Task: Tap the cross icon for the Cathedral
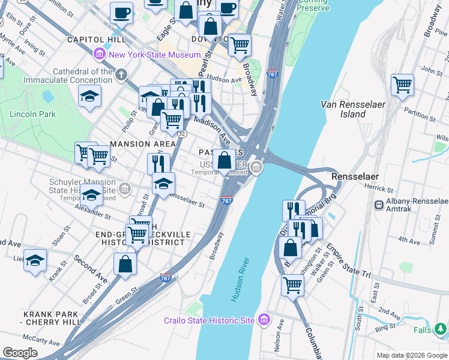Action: pyautogui.click(x=122, y=75)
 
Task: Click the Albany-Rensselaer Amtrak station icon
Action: pyautogui.click(x=379, y=205)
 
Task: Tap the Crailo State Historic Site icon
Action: pyautogui.click(x=263, y=320)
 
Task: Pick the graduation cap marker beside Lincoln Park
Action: pyautogui.click(x=89, y=95)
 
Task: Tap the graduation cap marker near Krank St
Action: pyautogui.click(x=35, y=260)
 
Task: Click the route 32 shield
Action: pyautogui.click(x=181, y=134)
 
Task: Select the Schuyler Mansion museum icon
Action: pyautogui.click(x=124, y=189)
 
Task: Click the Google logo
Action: pyautogui.click(x=20, y=353)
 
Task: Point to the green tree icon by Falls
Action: pyautogui.click(x=441, y=329)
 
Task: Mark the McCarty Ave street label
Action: pyautogui.click(x=40, y=341)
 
